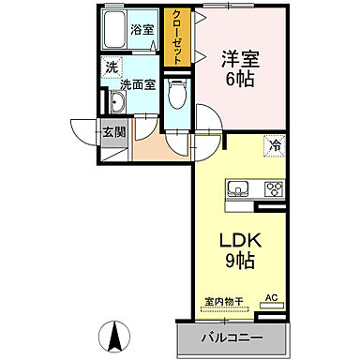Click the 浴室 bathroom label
[x=143, y=30]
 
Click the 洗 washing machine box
[x=112, y=67]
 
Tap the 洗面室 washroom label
[x=136, y=84]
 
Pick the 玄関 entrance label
[x=113, y=131]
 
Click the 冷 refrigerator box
[x=275, y=145]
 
